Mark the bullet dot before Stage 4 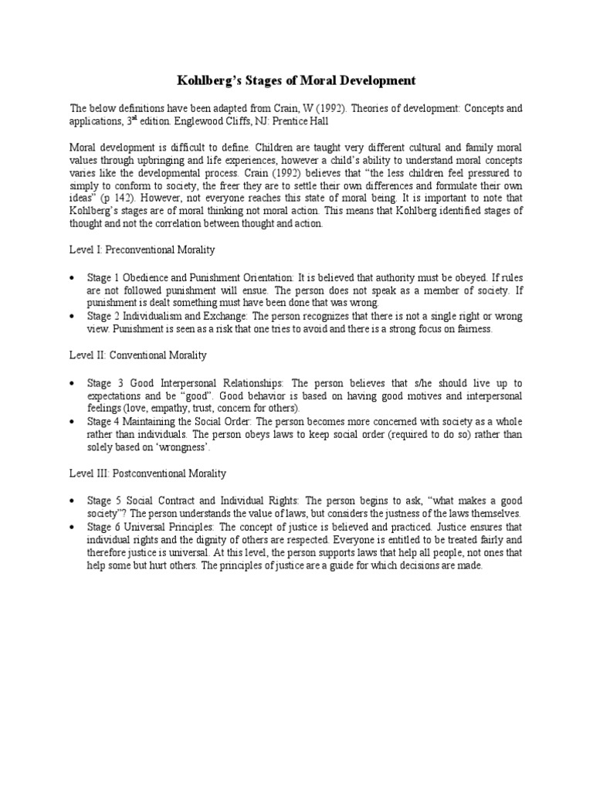click(x=73, y=422)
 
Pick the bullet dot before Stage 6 click(x=73, y=527)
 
